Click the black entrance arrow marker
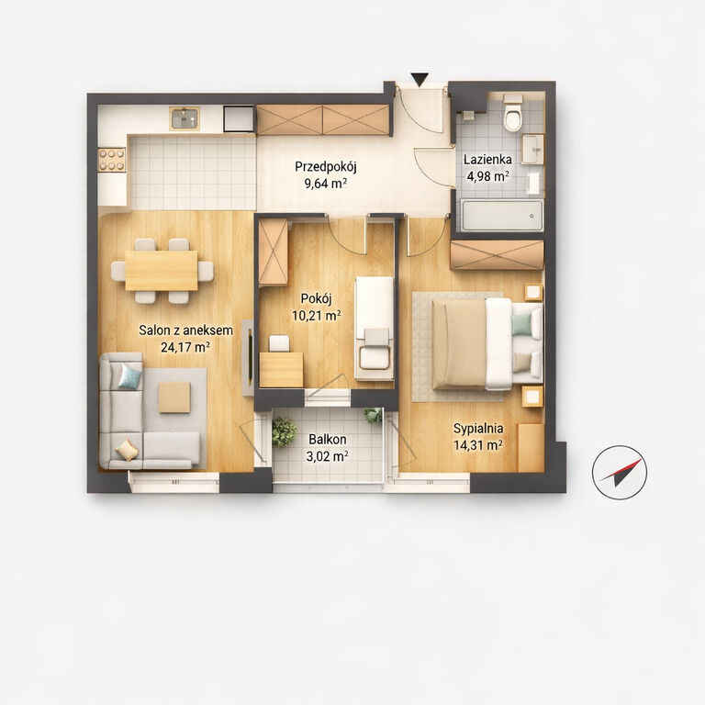click(420, 80)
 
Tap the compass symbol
click(620, 473)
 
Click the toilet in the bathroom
click(512, 112)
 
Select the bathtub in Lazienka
click(501, 216)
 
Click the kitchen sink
click(185, 118)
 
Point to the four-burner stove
click(112, 160)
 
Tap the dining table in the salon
click(162, 270)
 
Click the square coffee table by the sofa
click(174, 397)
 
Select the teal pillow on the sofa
click(130, 375)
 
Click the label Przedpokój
click(326, 167)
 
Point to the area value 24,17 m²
click(185, 347)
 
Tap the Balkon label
click(328, 440)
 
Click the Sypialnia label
click(478, 429)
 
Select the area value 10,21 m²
click(317, 316)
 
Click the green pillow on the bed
click(521, 325)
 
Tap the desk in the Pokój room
click(282, 370)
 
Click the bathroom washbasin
click(532, 149)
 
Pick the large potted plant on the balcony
click(285, 432)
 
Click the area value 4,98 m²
click(487, 176)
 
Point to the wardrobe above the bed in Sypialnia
click(498, 255)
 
